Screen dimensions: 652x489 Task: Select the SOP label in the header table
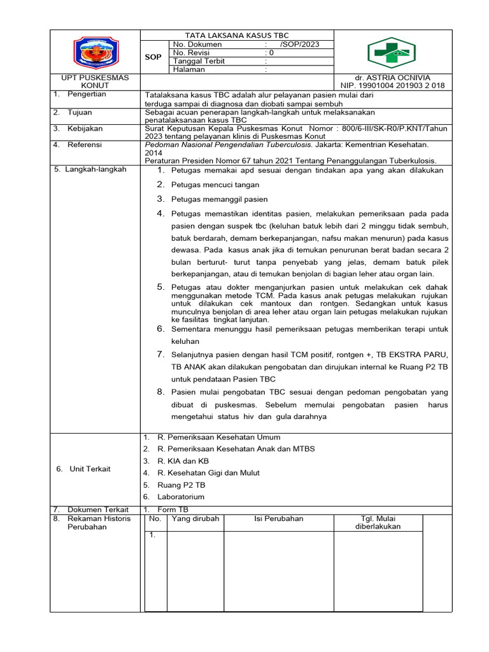click(x=153, y=57)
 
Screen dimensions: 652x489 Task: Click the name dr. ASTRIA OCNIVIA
click(x=392, y=78)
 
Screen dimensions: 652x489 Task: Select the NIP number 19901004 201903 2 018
click(x=392, y=86)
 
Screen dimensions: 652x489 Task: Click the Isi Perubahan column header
click(x=278, y=519)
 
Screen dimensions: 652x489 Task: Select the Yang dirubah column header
click(x=195, y=519)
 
